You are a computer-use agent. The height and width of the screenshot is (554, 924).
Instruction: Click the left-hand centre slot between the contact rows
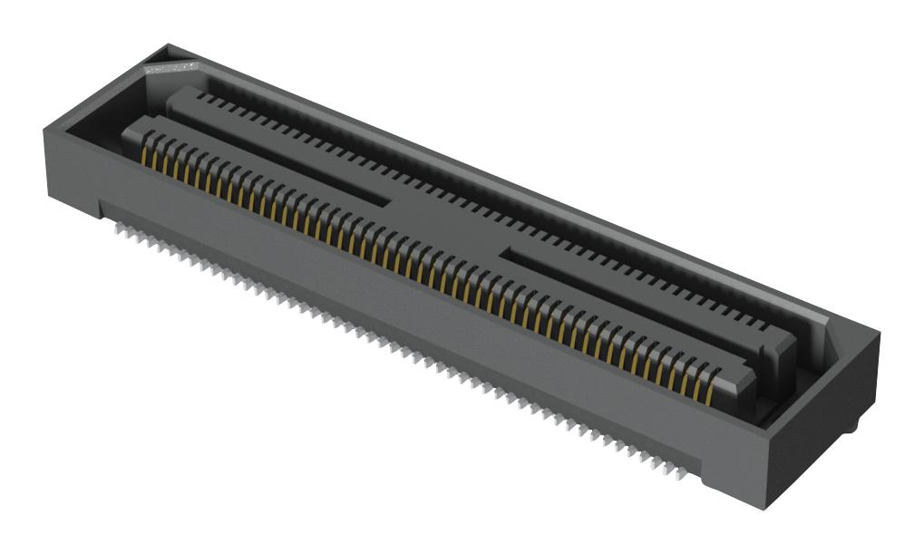pos(299,172)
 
